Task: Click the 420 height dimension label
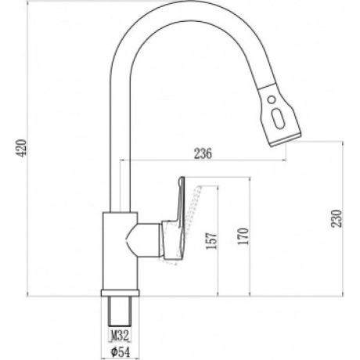[21, 148]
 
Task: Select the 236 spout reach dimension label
[203, 153]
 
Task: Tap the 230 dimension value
[337, 218]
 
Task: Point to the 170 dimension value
[243, 236]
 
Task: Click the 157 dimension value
[211, 240]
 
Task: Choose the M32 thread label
[120, 335]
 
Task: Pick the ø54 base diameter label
[120, 352]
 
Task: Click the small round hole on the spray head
[272, 99]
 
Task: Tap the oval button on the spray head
[278, 118]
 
